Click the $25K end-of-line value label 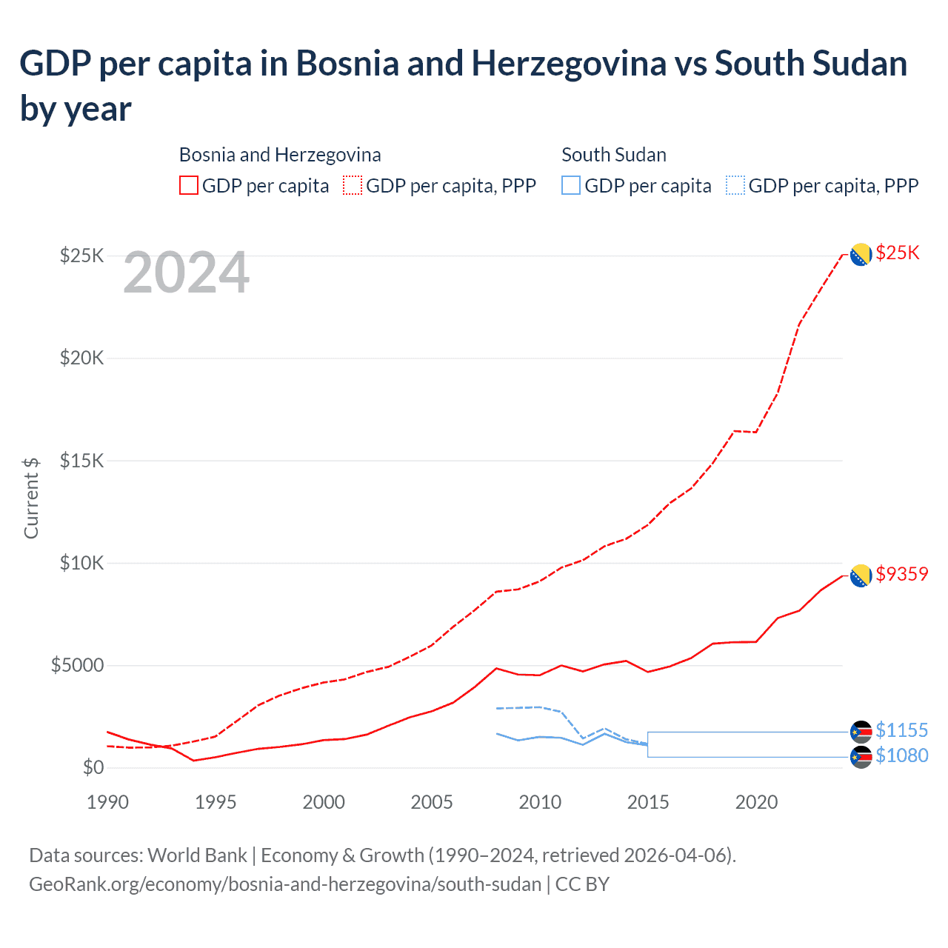[x=897, y=253]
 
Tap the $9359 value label [x=901, y=574]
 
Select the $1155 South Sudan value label [x=901, y=730]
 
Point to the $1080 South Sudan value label [x=901, y=755]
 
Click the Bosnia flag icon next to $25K [x=861, y=254]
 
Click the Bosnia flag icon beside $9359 [x=861, y=575]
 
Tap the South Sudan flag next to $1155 [x=861, y=732]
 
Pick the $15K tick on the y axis [x=81, y=461]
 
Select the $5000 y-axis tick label [x=77, y=665]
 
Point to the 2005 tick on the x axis [x=432, y=802]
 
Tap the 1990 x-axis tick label [x=107, y=802]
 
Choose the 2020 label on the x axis [x=756, y=802]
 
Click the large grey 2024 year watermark [x=186, y=273]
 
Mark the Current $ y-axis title [x=31, y=498]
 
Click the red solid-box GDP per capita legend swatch [x=189, y=185]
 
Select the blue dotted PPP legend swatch [x=735, y=185]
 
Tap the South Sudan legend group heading [x=613, y=155]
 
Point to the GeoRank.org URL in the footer [x=285, y=884]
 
